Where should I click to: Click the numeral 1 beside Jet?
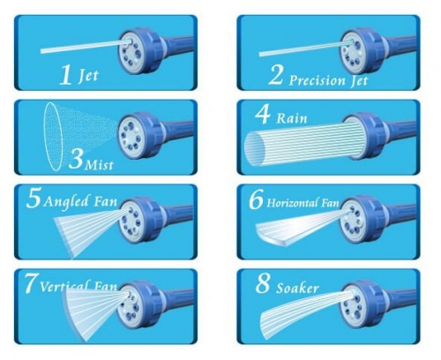pos(65,75)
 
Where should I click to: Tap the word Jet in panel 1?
pos(87,76)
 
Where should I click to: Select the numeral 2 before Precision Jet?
pos(275,75)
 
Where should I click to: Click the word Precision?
pos(317,80)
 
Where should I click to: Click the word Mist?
pos(99,165)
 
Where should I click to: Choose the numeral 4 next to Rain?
pos(263,114)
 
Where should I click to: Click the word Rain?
pos(292,118)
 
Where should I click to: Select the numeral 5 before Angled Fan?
pos(34,199)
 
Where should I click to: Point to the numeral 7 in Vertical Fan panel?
pos(31,283)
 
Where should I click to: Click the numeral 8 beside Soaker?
pos(262,284)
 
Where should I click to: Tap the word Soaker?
pos(297,288)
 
